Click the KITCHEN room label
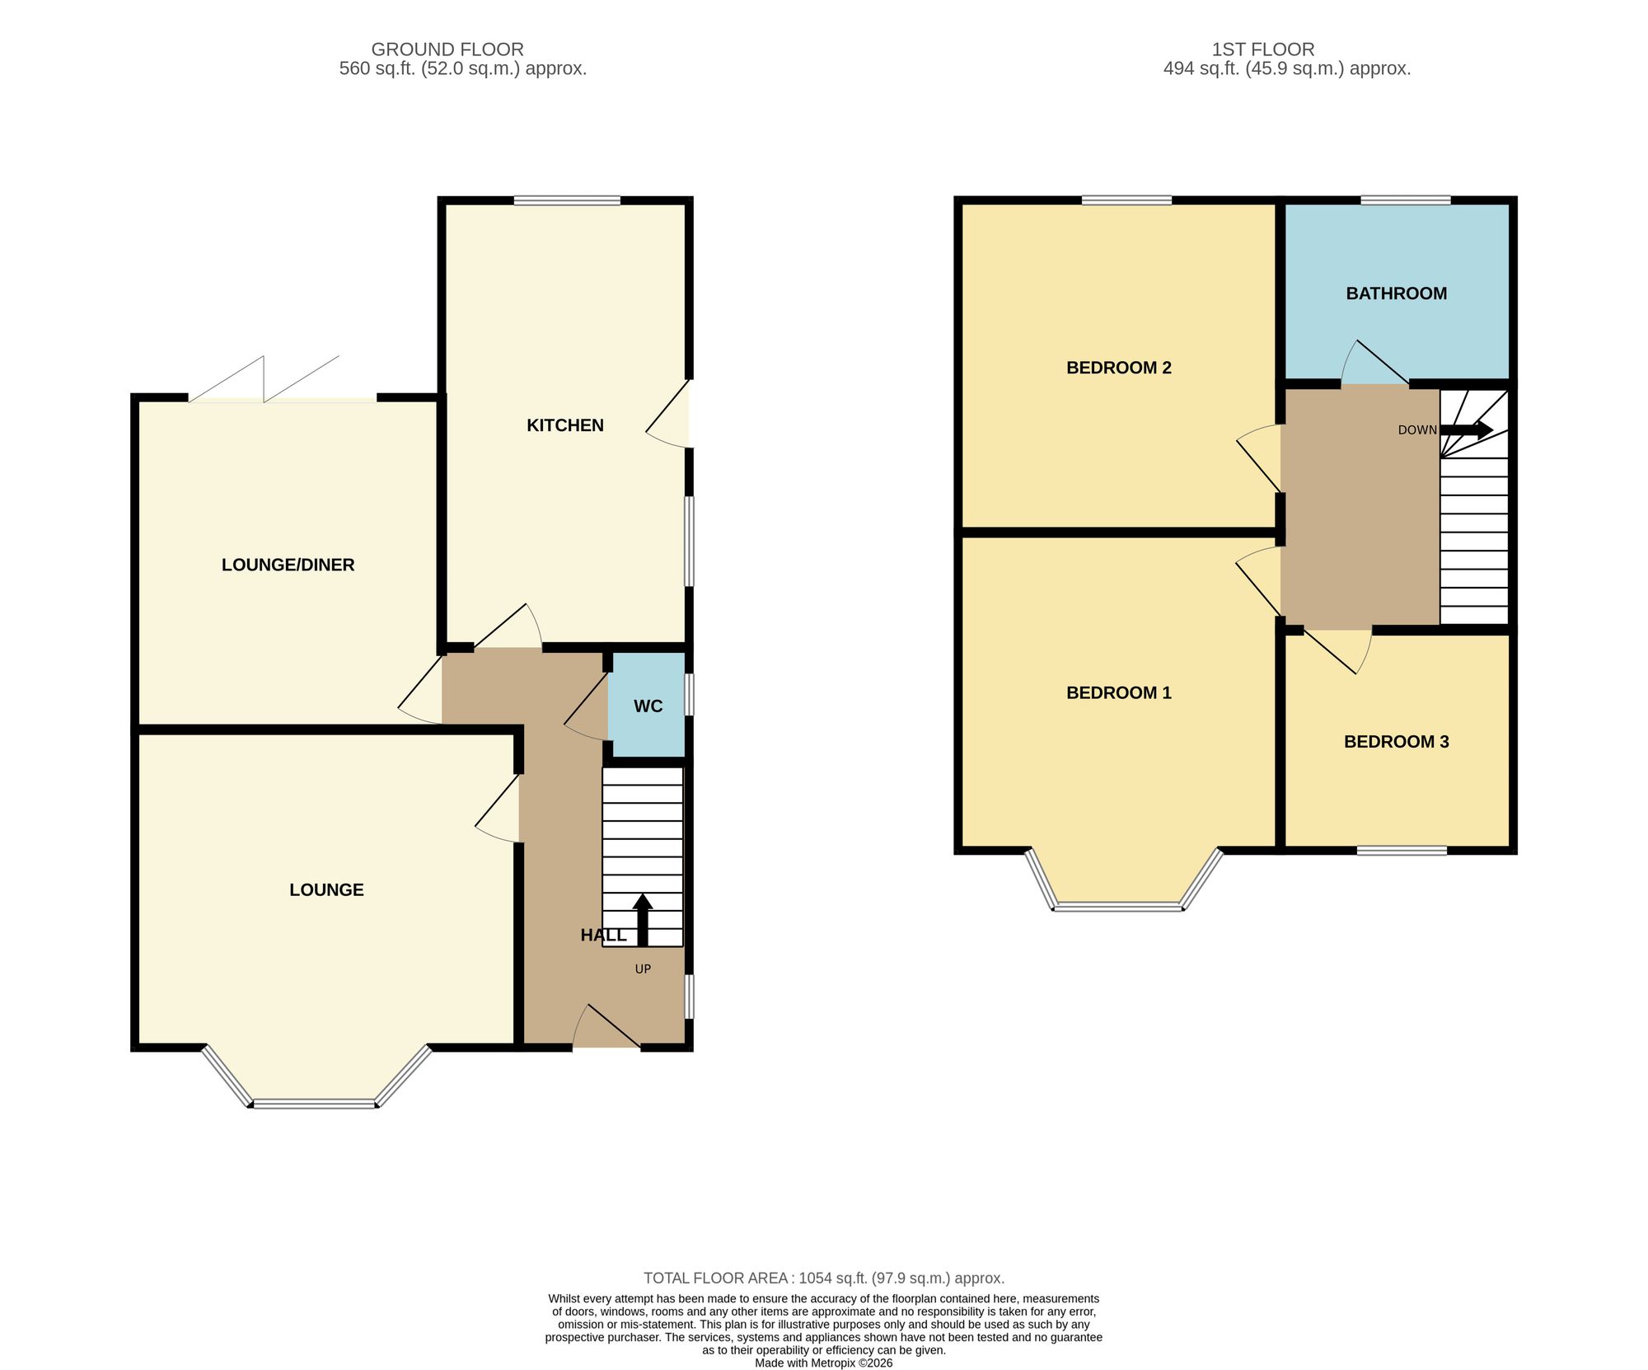point(565,425)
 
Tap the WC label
point(648,706)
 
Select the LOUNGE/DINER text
point(288,565)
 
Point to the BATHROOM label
point(1397,293)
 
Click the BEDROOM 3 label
point(1397,742)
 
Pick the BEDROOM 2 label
point(1119,368)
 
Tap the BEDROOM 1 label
point(1119,692)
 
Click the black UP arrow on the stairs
point(642,920)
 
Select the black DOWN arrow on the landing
point(1467,429)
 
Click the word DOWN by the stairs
point(1417,430)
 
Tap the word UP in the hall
point(643,969)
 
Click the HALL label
point(603,935)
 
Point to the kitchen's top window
point(567,200)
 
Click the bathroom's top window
point(1406,199)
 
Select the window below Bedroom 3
point(1402,850)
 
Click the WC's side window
point(689,694)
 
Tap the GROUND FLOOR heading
point(447,49)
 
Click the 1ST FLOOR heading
point(1263,49)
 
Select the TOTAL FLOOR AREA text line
point(824,1279)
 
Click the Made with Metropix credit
point(824,1363)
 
